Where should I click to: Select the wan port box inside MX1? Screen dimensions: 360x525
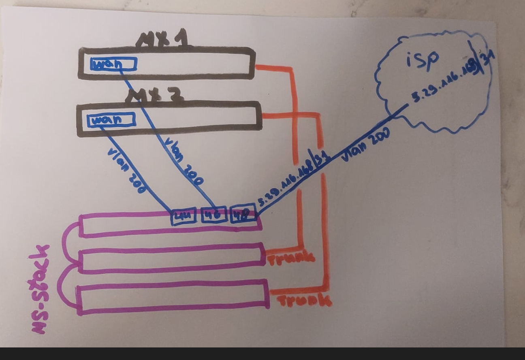tap(113, 64)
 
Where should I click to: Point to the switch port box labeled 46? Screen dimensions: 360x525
tap(214, 215)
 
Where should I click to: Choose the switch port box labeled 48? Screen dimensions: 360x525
tap(243, 215)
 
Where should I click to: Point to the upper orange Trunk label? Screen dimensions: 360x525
tap(290, 258)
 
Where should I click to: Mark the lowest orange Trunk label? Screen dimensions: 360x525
tap(304, 301)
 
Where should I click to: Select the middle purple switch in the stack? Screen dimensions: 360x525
tap(170, 258)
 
